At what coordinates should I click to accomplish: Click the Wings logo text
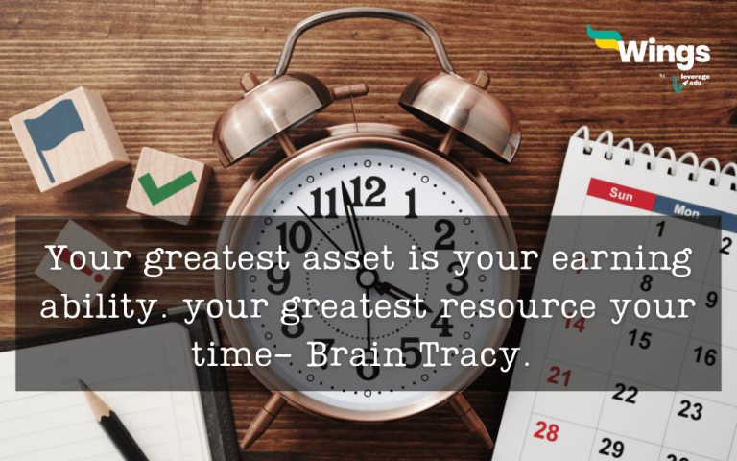[x=662, y=51]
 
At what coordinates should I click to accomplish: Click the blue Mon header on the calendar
[x=685, y=207]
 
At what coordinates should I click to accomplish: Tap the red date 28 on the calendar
[x=546, y=431]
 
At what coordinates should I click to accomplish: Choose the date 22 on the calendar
[x=625, y=394]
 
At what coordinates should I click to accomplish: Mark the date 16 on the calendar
[x=704, y=355]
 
